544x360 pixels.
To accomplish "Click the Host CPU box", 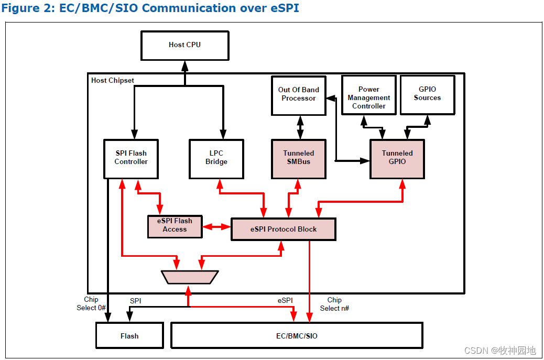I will pos(184,45).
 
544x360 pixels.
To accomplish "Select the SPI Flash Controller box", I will pos(131,158).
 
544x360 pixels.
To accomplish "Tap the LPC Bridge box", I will pos(216,158).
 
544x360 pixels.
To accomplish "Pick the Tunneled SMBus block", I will pos(299,158).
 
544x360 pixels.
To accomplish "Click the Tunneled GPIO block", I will pos(397,158).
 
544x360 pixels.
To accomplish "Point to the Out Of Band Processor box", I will pos(298,95).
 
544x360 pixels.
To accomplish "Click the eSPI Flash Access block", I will pos(175,225).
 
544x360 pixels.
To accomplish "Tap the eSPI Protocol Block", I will pos(283,230).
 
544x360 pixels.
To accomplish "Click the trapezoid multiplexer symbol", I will pos(190,277).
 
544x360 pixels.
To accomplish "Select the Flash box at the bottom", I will pos(129,336).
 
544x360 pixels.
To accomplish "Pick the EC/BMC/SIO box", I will pos(297,336).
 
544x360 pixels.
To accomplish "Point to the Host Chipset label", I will pos(112,81).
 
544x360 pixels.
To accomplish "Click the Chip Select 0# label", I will pos(91,304).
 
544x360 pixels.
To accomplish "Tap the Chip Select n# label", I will pos(334,304).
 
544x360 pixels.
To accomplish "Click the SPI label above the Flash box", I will pos(135,301).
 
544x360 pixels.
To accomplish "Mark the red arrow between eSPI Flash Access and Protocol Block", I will pos(216,227).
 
